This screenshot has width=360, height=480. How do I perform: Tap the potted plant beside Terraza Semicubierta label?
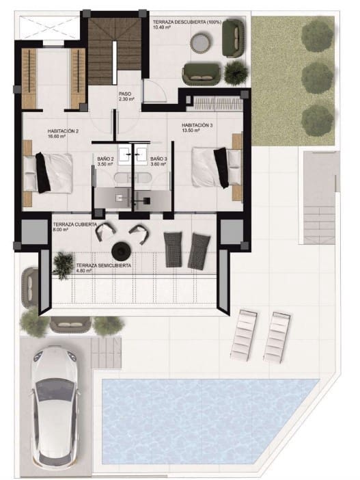tap(63, 262)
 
